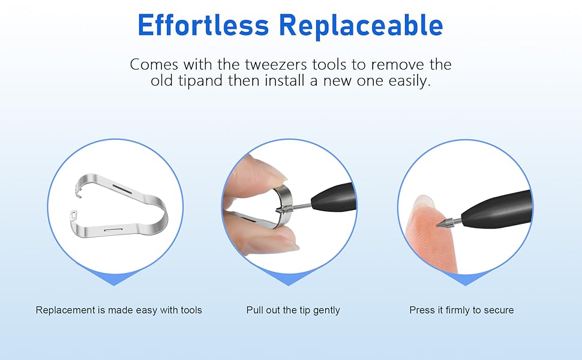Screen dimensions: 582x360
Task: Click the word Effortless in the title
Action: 203,25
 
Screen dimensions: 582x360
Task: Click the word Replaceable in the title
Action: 361,25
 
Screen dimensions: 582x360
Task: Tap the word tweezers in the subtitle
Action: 276,65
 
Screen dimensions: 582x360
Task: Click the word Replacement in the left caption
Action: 65,310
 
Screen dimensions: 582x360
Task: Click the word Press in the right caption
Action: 421,310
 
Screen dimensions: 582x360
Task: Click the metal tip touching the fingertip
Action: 445,223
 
